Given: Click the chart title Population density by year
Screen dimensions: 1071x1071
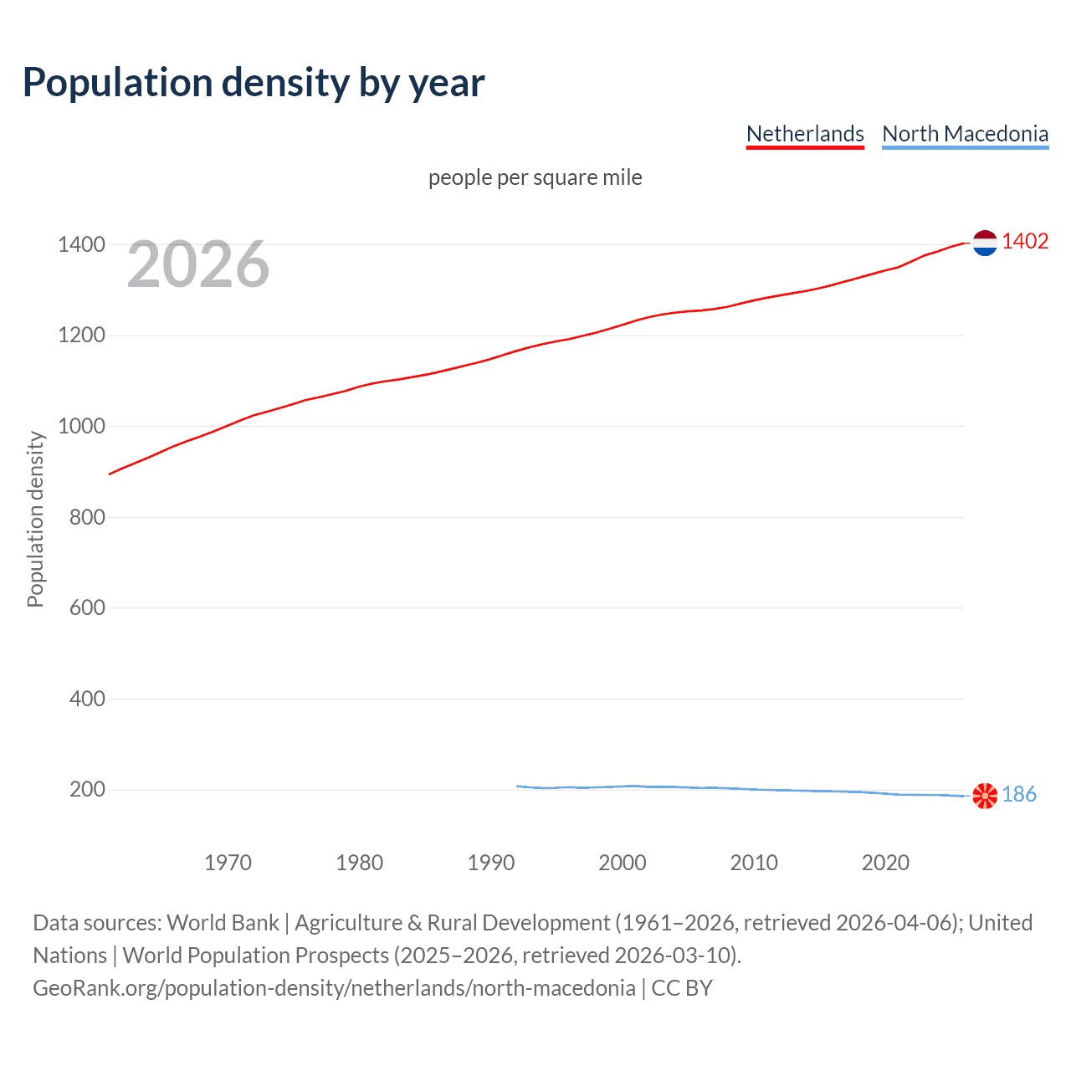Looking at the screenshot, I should tap(254, 83).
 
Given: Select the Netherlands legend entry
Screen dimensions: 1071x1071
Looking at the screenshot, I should tap(805, 134).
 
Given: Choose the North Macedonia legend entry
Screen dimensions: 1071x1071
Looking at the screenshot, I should tap(965, 134).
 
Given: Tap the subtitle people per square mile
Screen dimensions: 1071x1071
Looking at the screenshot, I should tap(535, 177).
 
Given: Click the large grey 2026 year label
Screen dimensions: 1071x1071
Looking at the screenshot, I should tap(198, 264).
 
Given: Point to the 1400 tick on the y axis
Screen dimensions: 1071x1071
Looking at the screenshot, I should tap(81, 245).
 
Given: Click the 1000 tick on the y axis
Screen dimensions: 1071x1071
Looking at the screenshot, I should tap(81, 427).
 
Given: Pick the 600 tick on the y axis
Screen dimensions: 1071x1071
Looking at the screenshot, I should tap(87, 608).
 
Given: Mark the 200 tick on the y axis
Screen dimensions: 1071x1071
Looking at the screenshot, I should tap(87, 790).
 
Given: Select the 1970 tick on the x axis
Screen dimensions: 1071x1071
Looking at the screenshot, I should tap(228, 863).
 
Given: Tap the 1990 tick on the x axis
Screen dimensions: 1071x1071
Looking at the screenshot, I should tap(491, 863).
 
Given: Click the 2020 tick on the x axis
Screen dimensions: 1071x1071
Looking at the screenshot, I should tap(885, 863).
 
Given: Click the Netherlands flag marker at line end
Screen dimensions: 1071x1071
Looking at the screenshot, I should tap(985, 243).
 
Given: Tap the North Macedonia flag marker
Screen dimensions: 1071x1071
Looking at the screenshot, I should tap(985, 795).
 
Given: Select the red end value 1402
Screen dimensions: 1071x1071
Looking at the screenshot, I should tap(1025, 242).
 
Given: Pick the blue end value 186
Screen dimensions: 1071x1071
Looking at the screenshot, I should tap(1019, 794).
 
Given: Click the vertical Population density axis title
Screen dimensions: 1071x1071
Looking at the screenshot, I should tap(35, 519).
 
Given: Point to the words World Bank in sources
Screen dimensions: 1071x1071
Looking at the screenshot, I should tap(223, 923).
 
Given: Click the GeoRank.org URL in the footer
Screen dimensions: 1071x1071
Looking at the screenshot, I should tap(334, 988).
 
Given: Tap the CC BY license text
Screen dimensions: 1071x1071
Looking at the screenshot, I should tap(682, 988).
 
